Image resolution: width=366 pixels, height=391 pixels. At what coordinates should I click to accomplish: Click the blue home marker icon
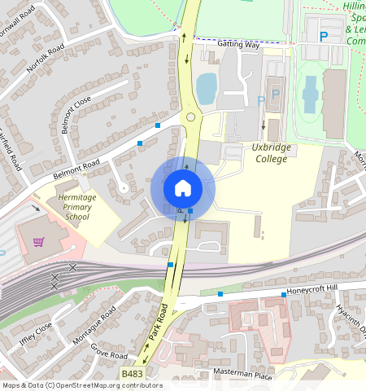click(x=183, y=189)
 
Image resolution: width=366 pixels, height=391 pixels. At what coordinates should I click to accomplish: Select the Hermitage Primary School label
click(x=77, y=207)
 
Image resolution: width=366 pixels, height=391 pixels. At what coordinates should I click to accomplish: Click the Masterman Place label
click(x=242, y=374)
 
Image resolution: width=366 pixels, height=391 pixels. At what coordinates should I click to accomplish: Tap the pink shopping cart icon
click(x=38, y=242)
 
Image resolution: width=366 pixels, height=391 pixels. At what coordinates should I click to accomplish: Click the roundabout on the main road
click(x=192, y=117)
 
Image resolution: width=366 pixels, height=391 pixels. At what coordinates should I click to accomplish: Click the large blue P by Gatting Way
click(x=323, y=37)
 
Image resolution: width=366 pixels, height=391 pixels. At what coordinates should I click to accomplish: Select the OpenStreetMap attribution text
click(x=81, y=385)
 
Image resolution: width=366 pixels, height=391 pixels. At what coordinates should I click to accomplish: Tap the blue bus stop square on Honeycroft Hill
click(x=284, y=294)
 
